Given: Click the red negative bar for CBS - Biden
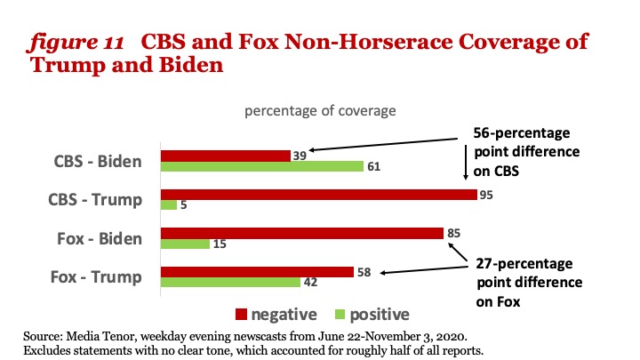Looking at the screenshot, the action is tap(226, 156).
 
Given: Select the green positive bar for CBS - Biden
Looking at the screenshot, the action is tap(262, 166).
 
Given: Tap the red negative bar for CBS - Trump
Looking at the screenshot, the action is tap(319, 195).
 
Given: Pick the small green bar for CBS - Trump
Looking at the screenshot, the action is tap(169, 205).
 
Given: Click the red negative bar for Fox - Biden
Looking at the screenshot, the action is tap(302, 234).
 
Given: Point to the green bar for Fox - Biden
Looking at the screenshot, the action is tap(185, 244).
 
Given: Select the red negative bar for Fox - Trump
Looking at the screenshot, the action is tap(257, 272).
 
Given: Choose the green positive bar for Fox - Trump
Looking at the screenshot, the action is tap(230, 282).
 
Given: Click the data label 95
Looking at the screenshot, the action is tap(486, 195).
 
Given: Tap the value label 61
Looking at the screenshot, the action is tap(373, 166).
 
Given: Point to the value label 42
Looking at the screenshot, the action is tap(310, 283).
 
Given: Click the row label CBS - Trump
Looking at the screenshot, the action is tap(95, 200).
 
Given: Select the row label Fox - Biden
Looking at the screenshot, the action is tap(100, 238).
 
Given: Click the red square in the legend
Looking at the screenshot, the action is tap(241, 315).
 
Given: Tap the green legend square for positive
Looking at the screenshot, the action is tap(340, 315).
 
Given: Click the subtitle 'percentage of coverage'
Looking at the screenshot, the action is tap(320, 110).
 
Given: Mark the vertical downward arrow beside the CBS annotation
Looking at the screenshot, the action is tap(466, 163).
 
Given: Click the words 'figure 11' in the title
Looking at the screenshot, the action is tap(76, 42).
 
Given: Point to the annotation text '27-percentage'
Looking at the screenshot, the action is tap(524, 264).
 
